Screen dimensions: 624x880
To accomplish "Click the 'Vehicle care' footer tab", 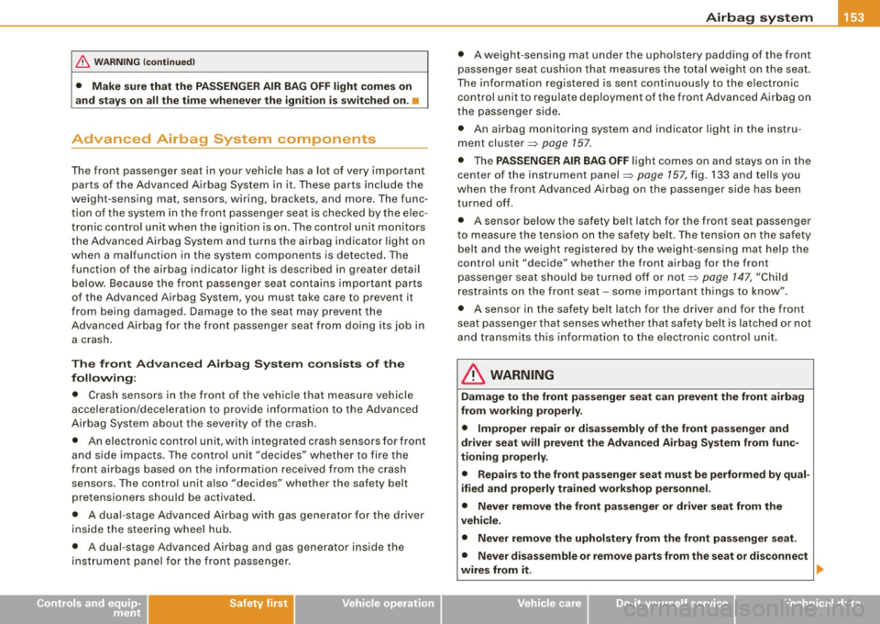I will pos(547,605).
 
